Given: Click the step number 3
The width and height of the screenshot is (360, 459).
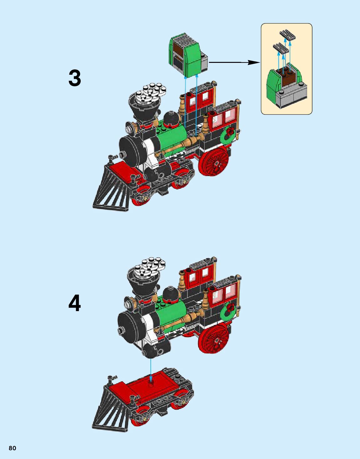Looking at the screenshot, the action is point(74,78).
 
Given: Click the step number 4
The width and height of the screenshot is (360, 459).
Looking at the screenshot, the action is point(74,303).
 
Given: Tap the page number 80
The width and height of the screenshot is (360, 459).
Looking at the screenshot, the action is point(13,448).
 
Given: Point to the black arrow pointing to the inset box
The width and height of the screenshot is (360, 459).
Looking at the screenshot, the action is point(234,62).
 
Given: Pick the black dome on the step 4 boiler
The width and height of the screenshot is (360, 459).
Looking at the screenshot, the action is point(171,294).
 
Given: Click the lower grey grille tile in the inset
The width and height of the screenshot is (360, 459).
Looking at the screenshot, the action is point(281,48).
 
